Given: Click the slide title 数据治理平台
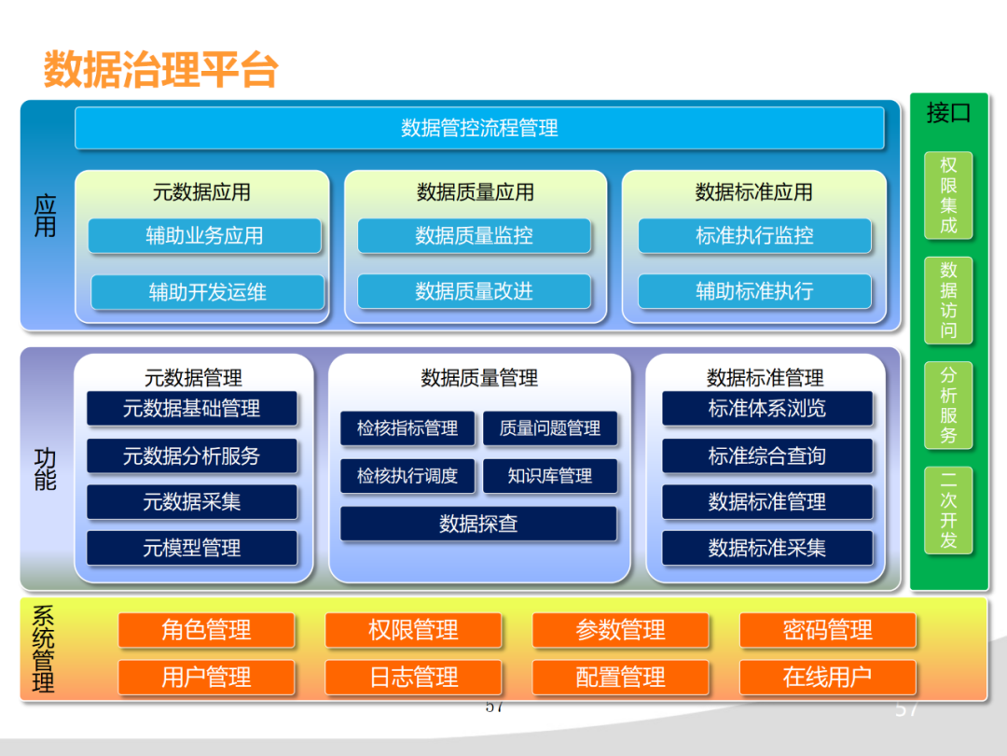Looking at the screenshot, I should tap(160, 70).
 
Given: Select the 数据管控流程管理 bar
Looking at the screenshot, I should tap(479, 128).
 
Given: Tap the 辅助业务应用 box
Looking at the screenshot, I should tap(204, 236).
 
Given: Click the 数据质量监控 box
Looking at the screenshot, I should tap(474, 236).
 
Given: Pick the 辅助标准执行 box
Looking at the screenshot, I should tap(754, 291).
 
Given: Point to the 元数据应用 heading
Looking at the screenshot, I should tap(201, 192).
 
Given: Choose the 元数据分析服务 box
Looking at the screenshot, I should tap(192, 456).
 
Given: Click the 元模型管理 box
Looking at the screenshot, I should tap(192, 548).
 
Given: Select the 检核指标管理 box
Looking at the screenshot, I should tap(407, 428).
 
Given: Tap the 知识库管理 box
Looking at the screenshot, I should tap(550, 476).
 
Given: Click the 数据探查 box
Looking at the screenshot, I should tap(478, 524).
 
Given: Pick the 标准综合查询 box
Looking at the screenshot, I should tap(767, 456).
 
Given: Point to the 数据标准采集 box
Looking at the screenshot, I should tap(767, 548).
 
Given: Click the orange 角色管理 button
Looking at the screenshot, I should tap(206, 630).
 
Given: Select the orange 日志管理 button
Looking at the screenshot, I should tap(413, 677).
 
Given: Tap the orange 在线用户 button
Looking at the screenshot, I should tap(828, 677).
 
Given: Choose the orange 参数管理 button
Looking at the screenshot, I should tap(621, 630).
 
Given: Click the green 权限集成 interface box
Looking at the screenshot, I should tap(948, 195).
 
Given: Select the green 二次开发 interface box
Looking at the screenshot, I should tap(948, 510).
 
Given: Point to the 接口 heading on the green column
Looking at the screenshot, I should tap(948, 114).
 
